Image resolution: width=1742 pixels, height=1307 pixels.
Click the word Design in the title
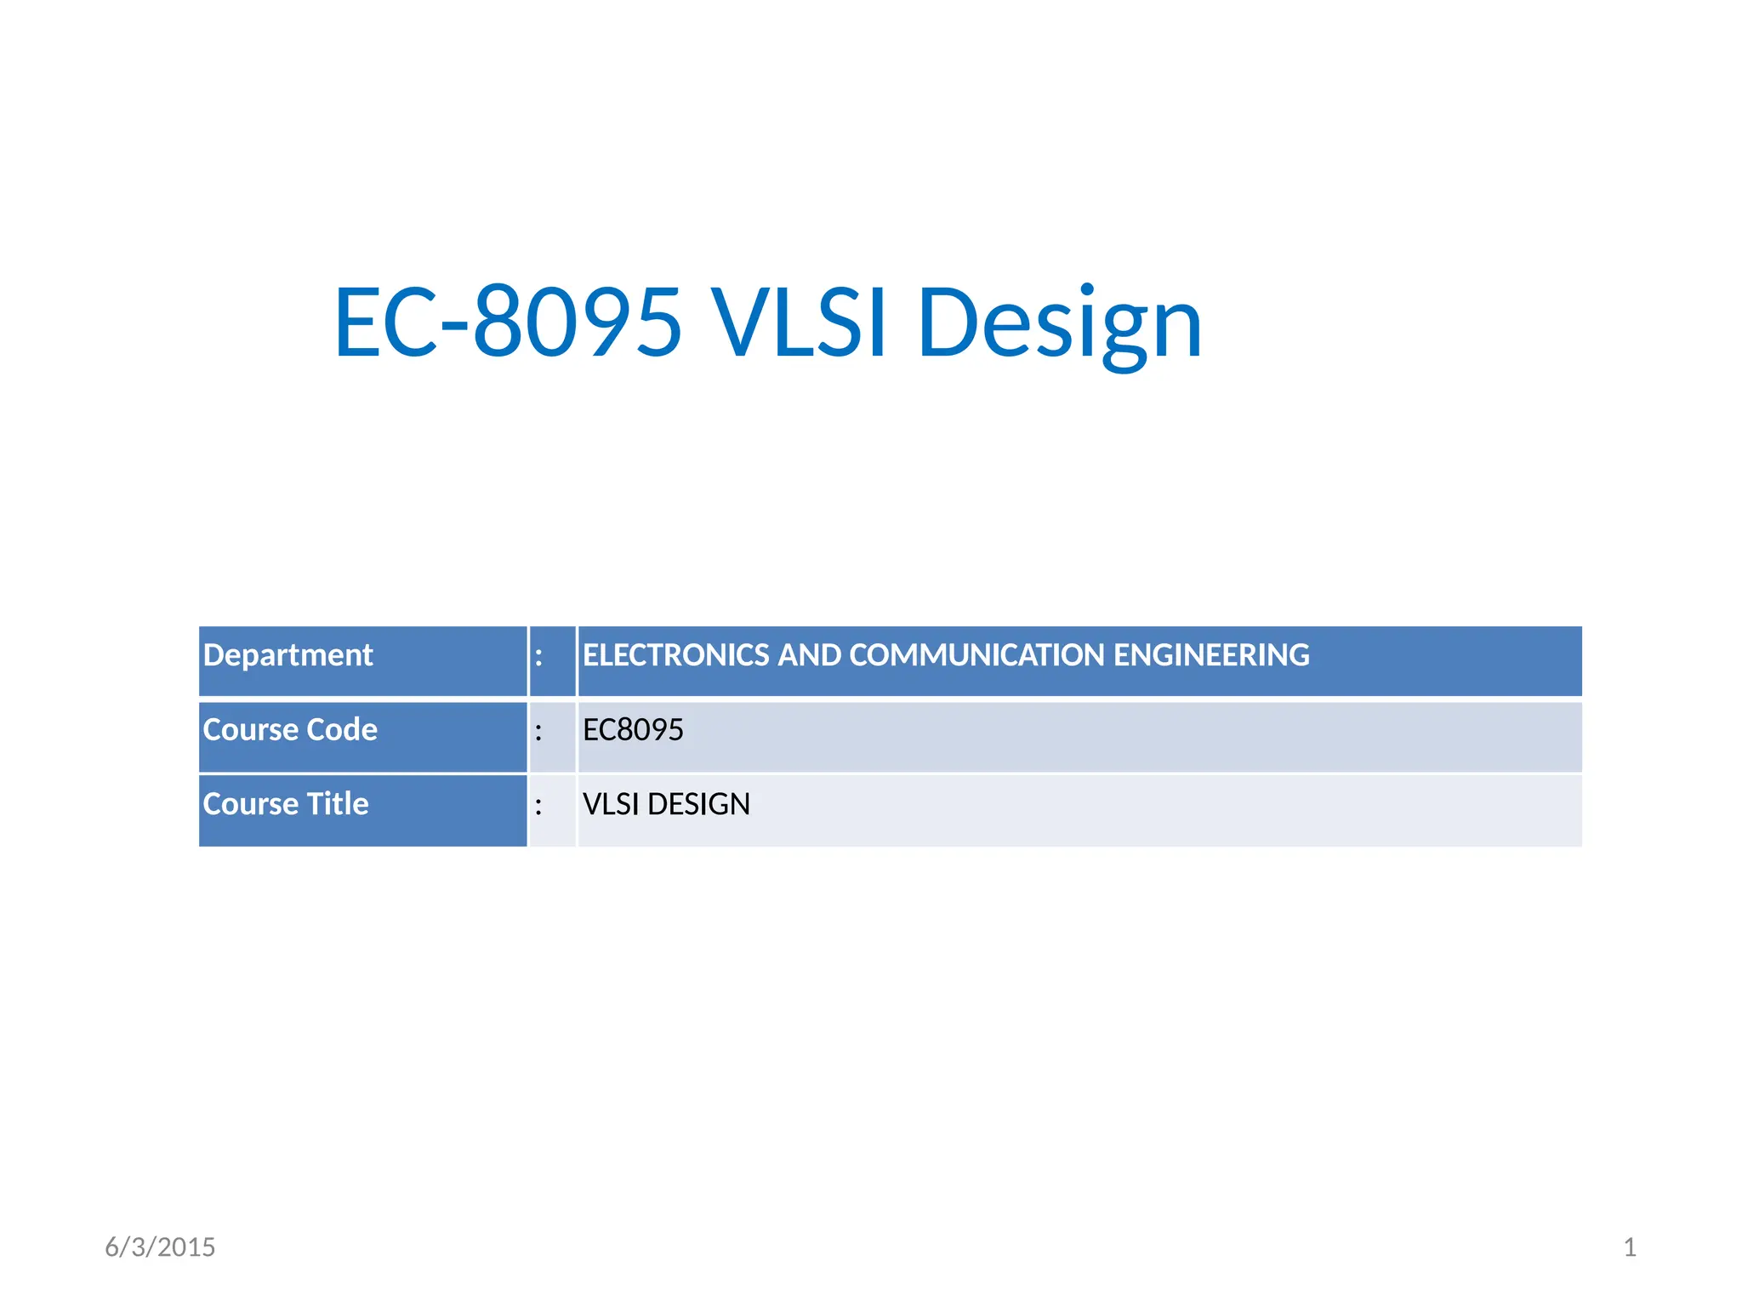pos(1059,323)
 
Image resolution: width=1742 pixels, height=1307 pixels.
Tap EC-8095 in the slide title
pos(508,322)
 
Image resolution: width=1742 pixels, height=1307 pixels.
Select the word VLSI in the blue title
pos(799,322)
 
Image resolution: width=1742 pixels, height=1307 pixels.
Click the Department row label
pos(287,655)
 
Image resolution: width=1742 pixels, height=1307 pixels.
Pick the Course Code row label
pos(289,730)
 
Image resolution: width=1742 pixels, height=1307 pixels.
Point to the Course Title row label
pos(285,804)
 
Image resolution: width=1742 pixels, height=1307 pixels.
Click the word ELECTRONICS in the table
pos(675,655)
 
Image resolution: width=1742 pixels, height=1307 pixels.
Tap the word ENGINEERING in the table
pos(1211,655)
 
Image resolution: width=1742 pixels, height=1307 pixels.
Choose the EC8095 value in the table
pos(633,730)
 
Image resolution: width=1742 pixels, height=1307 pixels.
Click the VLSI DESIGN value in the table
pos(666,804)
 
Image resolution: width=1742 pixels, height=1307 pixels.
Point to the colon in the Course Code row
pos(538,732)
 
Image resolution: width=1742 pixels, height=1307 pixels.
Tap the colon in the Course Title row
pos(538,806)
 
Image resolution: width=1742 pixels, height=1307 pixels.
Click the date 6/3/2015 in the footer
pos(160,1247)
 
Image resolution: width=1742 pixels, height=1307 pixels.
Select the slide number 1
pos(1630,1247)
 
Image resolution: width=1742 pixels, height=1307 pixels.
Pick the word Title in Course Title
pos(337,804)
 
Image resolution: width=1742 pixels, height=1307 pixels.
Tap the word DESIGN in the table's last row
pos(698,804)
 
